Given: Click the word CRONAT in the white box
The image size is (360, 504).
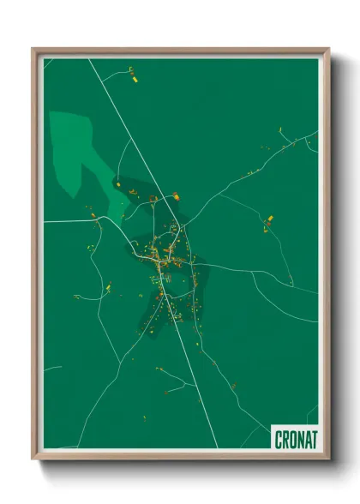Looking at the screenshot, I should pyautogui.click(x=296, y=439).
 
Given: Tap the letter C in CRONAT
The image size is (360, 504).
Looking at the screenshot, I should pyautogui.click(x=279, y=439).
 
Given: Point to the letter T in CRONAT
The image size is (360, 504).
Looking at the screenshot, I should pyautogui.click(x=314, y=439).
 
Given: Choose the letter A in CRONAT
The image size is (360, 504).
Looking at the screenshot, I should pyautogui.click(x=307, y=439).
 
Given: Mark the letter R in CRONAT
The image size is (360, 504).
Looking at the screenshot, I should pyautogui.click(x=285, y=439).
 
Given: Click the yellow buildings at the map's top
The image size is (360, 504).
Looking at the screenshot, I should pyautogui.click(x=135, y=75).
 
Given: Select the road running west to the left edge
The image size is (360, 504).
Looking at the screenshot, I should pyautogui.click(x=69, y=221).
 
